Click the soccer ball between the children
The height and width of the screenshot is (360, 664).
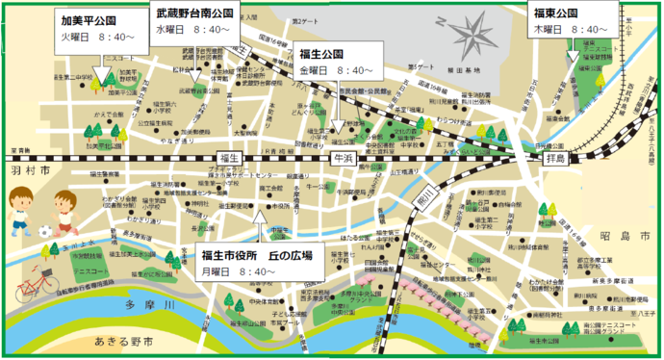pos(45,231)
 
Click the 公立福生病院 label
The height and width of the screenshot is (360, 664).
pos(154,122)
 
